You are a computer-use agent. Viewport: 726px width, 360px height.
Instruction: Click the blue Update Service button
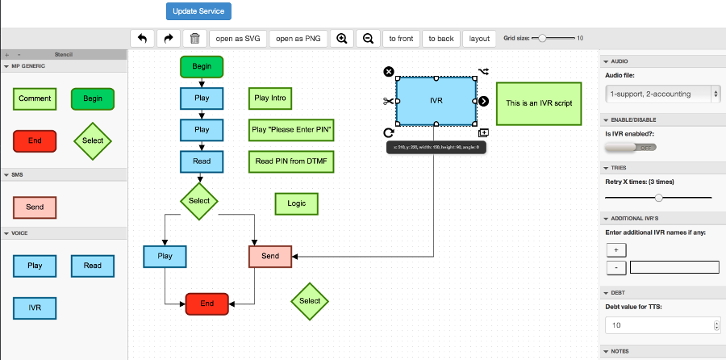[199, 11]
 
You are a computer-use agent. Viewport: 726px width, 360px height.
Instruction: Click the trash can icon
[194, 38]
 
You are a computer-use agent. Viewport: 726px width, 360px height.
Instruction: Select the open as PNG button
[298, 38]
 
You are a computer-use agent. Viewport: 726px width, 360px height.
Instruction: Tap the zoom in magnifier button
[342, 38]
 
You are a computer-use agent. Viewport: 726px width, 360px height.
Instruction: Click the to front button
[400, 38]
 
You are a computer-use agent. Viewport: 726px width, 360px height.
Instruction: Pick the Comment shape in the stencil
[35, 98]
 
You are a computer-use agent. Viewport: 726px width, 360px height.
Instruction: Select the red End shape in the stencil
[35, 140]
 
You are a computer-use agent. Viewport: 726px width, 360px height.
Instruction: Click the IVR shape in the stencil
[35, 308]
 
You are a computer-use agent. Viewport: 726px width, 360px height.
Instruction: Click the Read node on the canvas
[201, 161]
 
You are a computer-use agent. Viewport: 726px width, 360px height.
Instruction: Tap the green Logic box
[296, 203]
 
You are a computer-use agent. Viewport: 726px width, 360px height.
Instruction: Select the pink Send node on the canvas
[270, 256]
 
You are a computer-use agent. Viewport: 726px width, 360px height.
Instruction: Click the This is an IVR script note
[538, 103]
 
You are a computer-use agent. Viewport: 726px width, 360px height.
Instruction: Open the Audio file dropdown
[662, 94]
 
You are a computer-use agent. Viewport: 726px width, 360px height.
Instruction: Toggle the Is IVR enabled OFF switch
[631, 147]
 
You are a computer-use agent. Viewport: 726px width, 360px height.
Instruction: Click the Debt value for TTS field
[658, 325]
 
